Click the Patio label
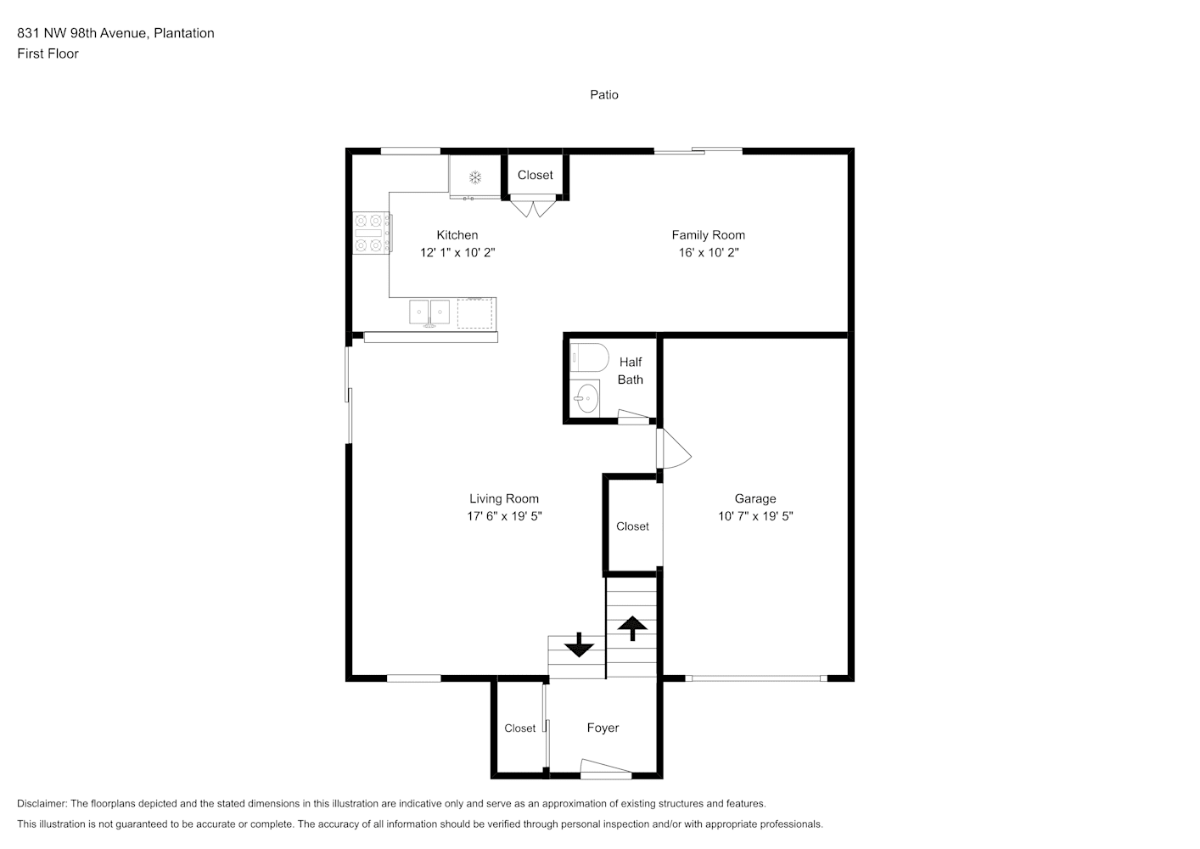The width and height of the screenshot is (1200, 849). [x=603, y=95]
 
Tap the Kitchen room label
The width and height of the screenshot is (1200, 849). [x=457, y=235]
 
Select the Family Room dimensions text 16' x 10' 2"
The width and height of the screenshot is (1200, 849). [x=709, y=252]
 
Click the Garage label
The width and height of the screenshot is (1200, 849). [x=754, y=498]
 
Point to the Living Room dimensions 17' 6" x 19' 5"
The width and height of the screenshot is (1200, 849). [x=504, y=516]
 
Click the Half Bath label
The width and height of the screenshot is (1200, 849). [x=630, y=370]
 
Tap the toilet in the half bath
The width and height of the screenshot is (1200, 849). [x=589, y=357]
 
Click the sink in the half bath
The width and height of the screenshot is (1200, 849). [x=585, y=398]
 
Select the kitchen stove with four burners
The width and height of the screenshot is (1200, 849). [x=371, y=233]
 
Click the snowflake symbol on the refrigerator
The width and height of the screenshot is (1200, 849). [x=475, y=177]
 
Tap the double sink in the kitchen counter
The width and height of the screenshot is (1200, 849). [x=429, y=312]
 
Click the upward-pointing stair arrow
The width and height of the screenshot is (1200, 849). [x=632, y=628]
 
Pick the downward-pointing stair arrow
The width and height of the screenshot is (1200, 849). [x=579, y=644]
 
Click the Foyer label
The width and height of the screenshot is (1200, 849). [x=603, y=728]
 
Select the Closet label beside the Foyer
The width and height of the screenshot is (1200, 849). [x=519, y=728]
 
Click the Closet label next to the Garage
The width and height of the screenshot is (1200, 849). [x=632, y=526]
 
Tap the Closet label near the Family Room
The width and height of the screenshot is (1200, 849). [x=536, y=175]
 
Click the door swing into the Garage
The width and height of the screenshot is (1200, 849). [x=674, y=448]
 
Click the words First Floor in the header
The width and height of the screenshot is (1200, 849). [x=48, y=53]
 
